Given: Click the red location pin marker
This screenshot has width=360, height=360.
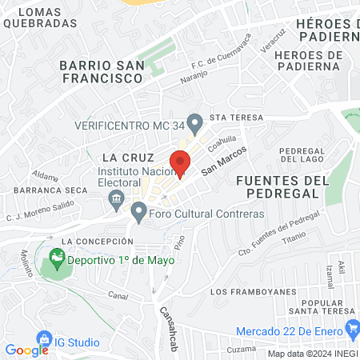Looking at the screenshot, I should [181, 162].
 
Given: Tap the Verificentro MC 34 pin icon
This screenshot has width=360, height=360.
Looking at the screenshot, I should [194, 124].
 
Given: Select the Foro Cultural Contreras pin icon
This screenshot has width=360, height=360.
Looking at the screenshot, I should [138, 213].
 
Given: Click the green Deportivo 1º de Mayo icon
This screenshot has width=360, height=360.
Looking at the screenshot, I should [56, 258].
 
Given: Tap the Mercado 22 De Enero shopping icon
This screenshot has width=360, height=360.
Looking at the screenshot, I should [352, 329].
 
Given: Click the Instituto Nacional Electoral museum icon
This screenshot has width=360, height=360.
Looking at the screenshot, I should [117, 198].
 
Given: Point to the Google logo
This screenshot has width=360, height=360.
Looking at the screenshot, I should [26, 350].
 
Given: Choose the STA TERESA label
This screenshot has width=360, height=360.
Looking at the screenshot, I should [231, 117].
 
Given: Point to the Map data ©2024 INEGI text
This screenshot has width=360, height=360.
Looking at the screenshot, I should [312, 354].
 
